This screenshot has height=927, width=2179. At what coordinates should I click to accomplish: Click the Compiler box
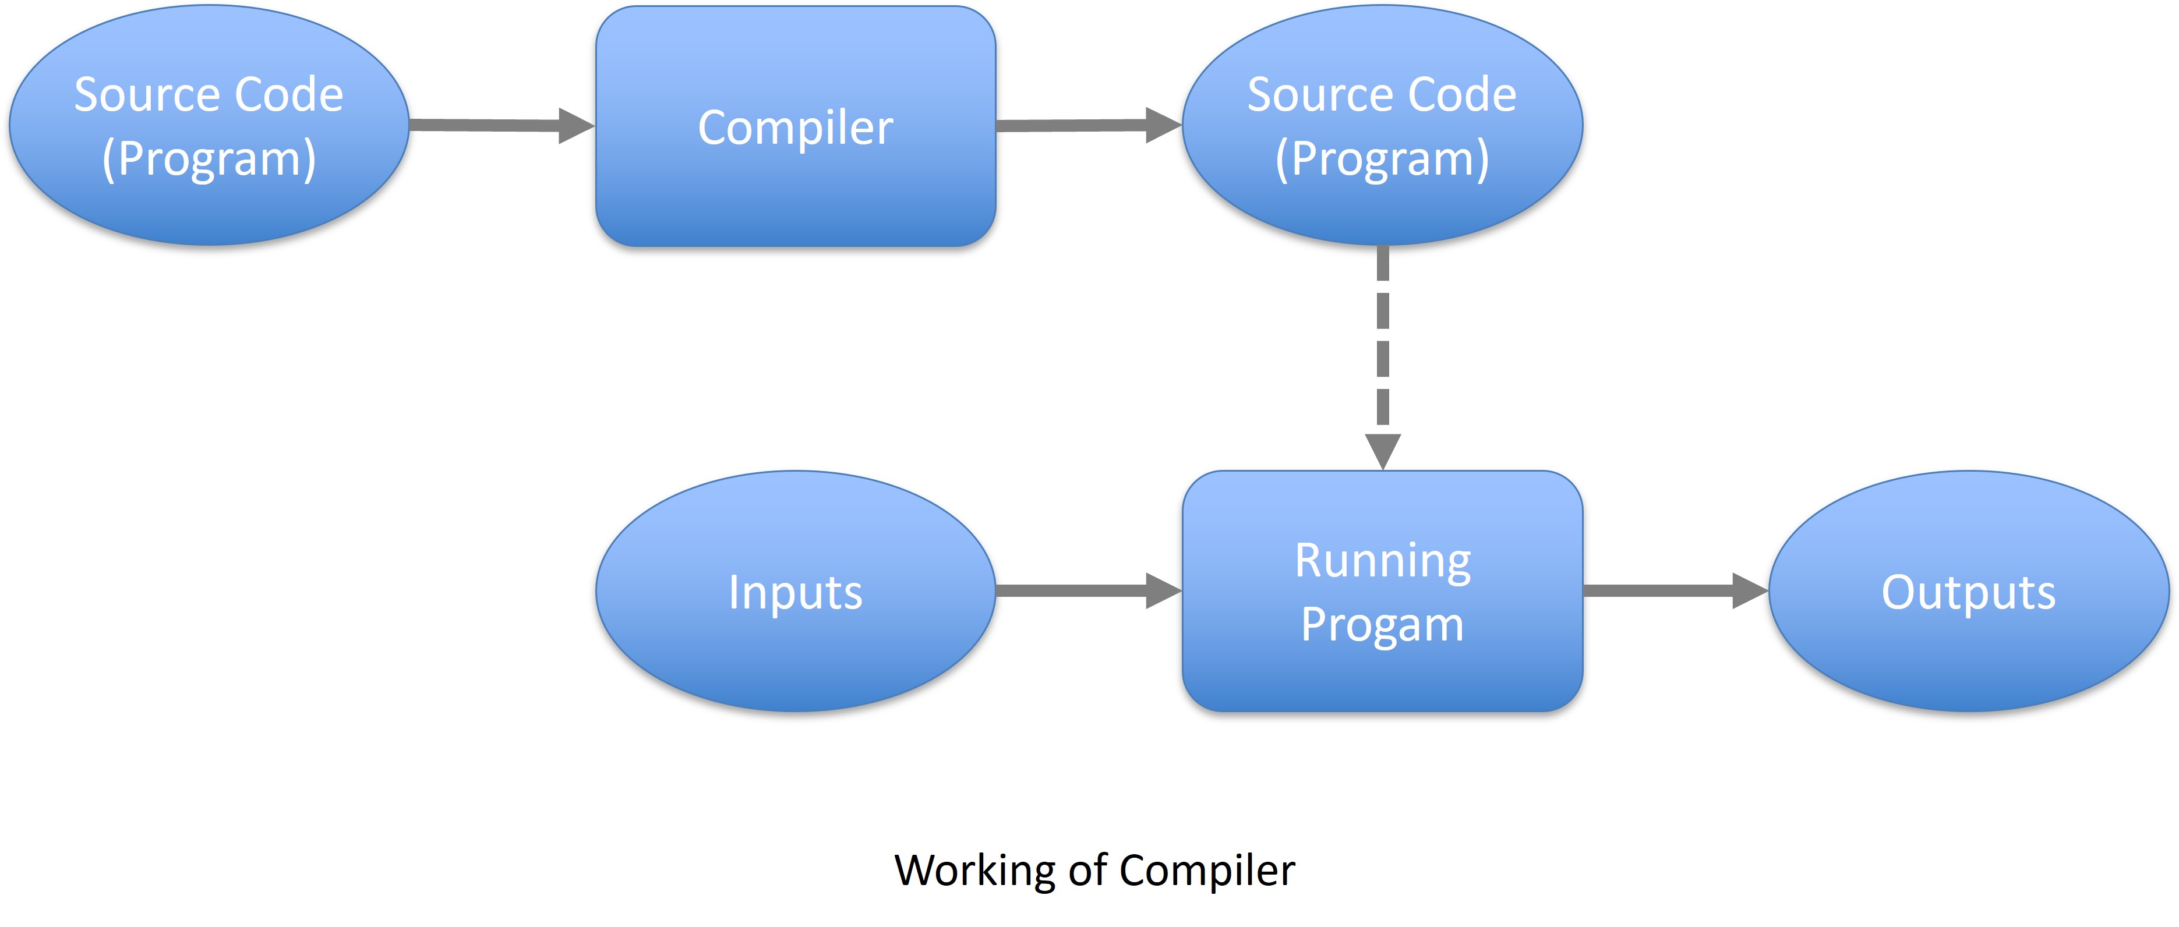coord(795,126)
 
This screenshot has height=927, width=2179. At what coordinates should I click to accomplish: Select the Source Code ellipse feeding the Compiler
coord(209,125)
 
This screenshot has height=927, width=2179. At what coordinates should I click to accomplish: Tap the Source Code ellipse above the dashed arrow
coord(1382,125)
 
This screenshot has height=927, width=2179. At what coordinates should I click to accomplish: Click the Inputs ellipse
coord(795,590)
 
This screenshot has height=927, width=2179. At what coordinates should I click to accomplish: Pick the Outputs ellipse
coord(1968,590)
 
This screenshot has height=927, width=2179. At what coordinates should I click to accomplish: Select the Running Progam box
coord(1382,590)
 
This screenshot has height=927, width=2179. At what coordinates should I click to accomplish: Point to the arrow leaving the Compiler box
coord(1089,125)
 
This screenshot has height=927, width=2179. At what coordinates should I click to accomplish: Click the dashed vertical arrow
coord(1382,358)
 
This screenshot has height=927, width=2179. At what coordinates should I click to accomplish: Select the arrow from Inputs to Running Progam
coord(1089,590)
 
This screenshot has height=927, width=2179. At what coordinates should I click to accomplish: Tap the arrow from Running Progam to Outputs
coord(1676,590)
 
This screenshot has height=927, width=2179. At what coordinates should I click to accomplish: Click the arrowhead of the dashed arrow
coord(1382,452)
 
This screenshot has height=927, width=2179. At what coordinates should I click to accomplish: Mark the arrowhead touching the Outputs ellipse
coord(1750,590)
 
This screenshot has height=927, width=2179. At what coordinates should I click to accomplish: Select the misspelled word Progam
coord(1382,626)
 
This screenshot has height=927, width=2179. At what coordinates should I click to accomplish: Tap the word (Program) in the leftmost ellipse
coord(209,158)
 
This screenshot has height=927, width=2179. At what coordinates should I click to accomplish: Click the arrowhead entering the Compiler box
coord(577,126)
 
